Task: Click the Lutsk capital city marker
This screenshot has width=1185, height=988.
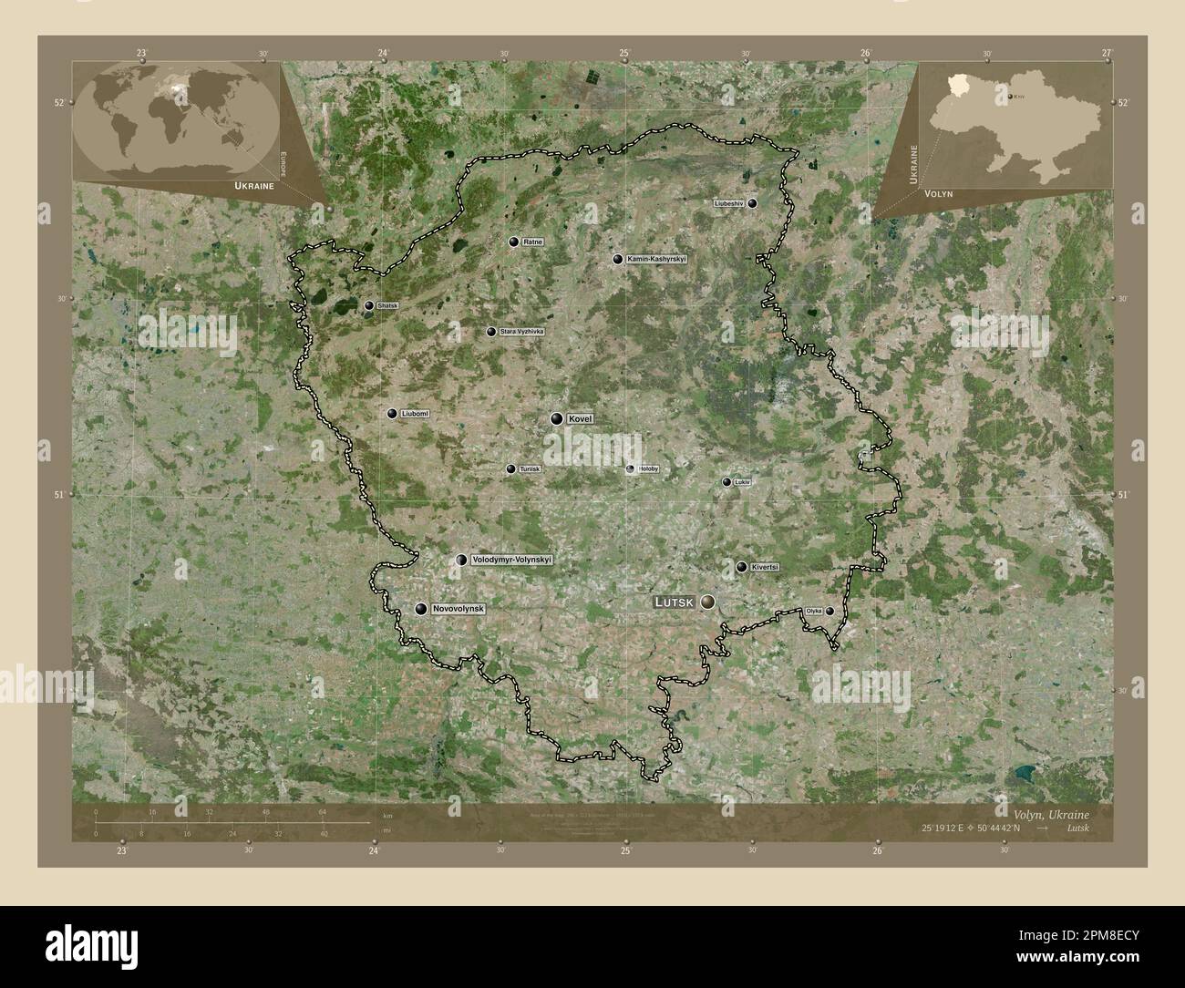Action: click(707, 602)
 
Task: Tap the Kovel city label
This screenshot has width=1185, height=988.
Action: click(580, 418)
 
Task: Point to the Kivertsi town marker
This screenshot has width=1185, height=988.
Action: click(741, 567)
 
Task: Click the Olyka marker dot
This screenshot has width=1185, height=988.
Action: click(829, 611)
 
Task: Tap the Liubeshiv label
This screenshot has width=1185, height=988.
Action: click(729, 203)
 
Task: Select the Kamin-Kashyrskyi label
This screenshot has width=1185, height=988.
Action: click(656, 260)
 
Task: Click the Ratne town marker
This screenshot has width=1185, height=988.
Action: click(514, 242)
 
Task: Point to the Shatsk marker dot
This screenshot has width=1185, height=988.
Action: click(368, 306)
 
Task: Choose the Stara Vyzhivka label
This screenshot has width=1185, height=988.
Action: click(521, 332)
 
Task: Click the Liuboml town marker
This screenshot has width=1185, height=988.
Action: click(392, 414)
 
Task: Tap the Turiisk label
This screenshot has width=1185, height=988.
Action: click(530, 469)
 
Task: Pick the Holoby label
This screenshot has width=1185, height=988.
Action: click(648, 469)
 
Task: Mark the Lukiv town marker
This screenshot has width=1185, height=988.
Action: click(726, 482)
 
